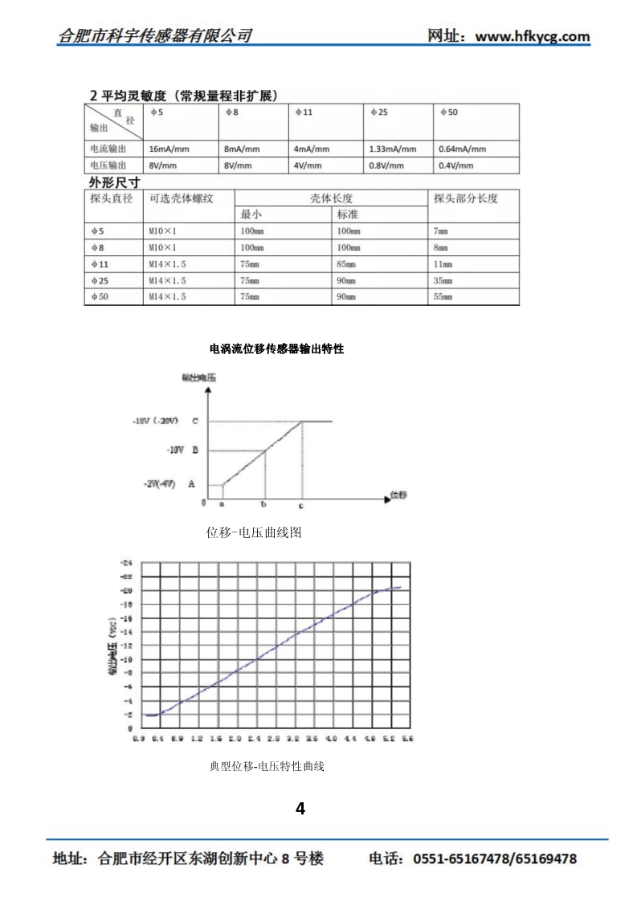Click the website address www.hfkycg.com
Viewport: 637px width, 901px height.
point(533,36)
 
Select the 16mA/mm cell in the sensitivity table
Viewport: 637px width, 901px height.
point(165,149)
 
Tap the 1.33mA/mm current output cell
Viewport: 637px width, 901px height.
point(393,149)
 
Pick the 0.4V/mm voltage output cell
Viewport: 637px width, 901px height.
point(456,166)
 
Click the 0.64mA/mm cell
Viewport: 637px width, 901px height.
point(463,149)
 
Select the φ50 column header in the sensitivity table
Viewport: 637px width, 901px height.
point(448,113)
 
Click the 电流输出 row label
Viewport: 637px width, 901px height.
point(108,149)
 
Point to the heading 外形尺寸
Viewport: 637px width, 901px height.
point(113,182)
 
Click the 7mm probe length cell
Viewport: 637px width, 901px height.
point(441,231)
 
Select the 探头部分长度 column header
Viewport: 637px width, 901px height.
point(466,198)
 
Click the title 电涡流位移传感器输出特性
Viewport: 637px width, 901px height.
point(276,349)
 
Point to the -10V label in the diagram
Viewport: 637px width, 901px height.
point(176,451)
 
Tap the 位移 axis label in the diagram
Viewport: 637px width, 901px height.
point(398,495)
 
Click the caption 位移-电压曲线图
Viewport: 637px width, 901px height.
point(254,532)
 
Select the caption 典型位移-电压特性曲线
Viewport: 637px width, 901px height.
point(267,767)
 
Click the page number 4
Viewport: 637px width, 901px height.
point(300,809)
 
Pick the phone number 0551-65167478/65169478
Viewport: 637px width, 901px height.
point(495,859)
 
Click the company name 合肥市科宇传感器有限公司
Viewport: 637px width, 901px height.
point(155,36)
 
